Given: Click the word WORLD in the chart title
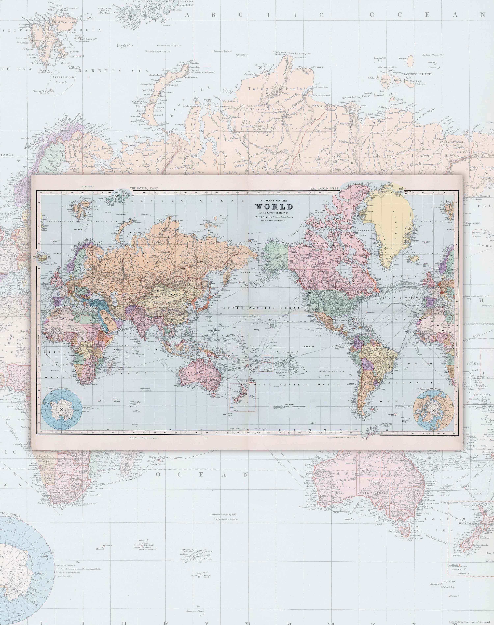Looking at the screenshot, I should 274,207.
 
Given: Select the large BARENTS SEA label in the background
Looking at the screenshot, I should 113,71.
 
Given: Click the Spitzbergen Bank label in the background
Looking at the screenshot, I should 60,79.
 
